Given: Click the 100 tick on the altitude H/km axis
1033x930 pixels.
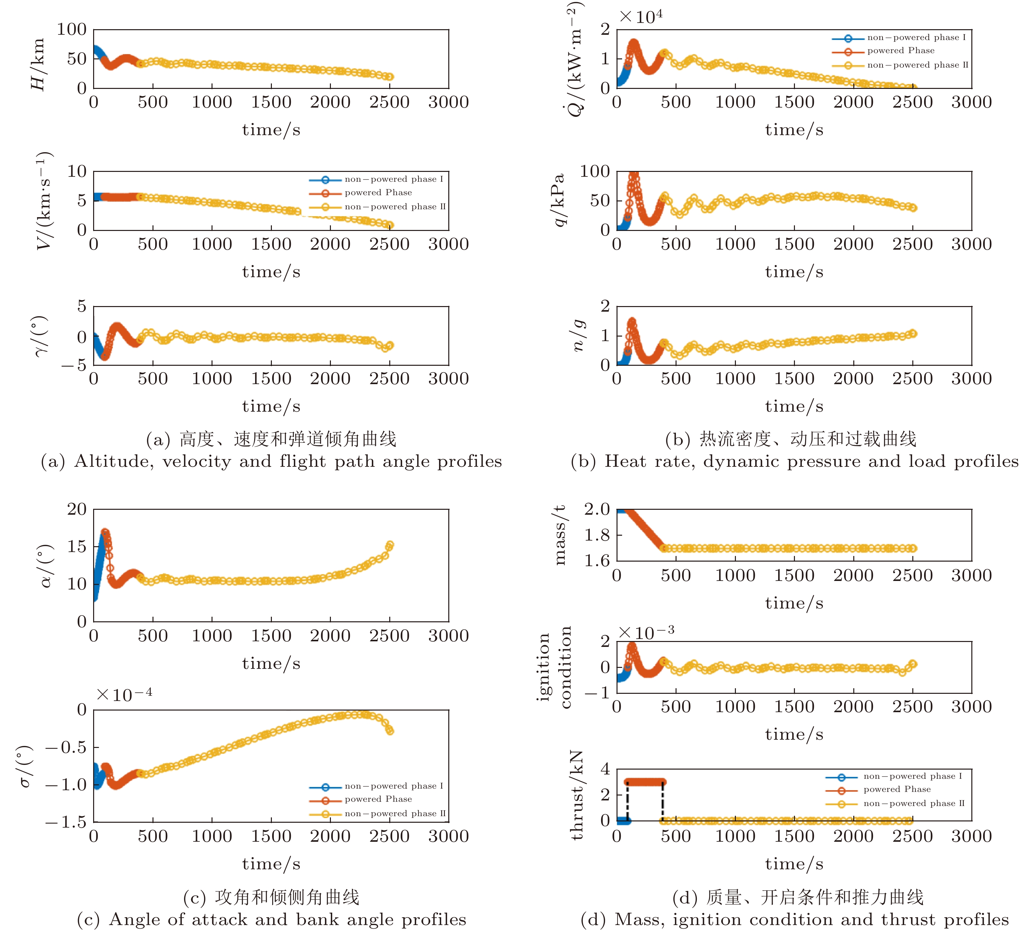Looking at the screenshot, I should (71, 30).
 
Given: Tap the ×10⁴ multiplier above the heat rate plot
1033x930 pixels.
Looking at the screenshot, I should (641, 16).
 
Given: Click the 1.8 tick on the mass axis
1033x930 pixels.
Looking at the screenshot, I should (597, 535).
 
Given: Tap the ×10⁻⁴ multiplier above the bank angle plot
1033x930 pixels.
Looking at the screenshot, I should (124, 695).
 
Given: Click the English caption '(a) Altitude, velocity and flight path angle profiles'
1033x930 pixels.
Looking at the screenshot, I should (271, 462).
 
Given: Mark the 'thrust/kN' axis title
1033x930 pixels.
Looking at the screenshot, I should (577, 795).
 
